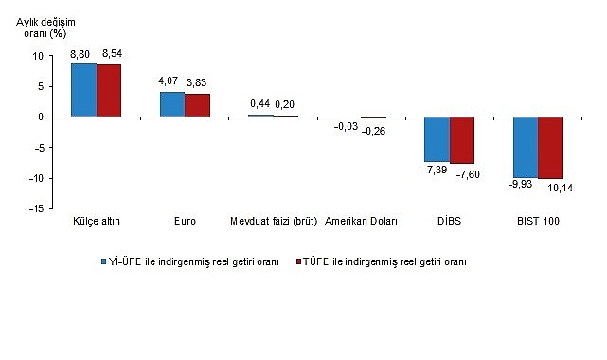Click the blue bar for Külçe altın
pyautogui.click(x=84, y=90)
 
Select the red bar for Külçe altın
pyautogui.click(x=109, y=91)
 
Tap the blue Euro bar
pyautogui.click(x=172, y=104)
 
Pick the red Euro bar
pyautogui.click(x=197, y=105)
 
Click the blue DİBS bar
pyautogui.click(x=437, y=139)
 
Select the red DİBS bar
pyautogui.click(x=461, y=140)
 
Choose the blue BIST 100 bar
pyautogui.click(x=526, y=147)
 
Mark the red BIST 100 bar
pyautogui.click(x=550, y=148)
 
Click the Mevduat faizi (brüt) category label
pyautogui.click(x=274, y=222)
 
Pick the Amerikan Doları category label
pyautogui.click(x=362, y=222)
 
